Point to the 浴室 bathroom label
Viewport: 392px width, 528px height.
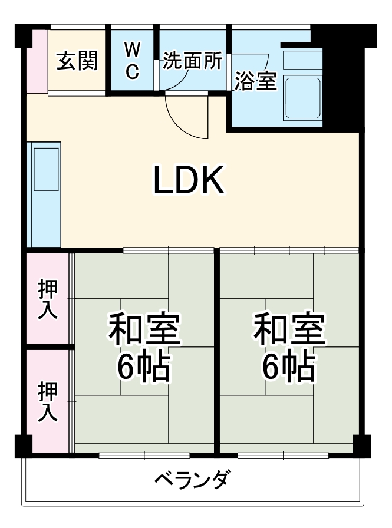pos(255,81)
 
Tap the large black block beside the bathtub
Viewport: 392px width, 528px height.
pos(342,82)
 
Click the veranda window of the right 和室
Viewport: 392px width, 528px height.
pos(283,455)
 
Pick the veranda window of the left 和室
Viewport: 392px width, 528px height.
pos(144,455)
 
